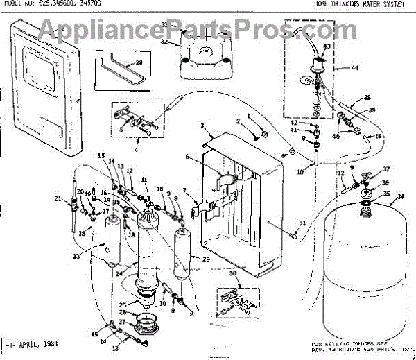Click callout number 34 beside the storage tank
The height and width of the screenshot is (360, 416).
point(399,196)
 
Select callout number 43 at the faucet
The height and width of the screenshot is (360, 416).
point(327,46)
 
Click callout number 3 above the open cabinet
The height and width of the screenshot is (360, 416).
point(201,126)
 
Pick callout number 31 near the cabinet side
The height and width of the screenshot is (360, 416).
point(302,222)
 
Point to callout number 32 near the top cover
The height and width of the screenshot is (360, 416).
point(164,42)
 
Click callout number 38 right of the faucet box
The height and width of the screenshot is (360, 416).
point(367,97)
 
